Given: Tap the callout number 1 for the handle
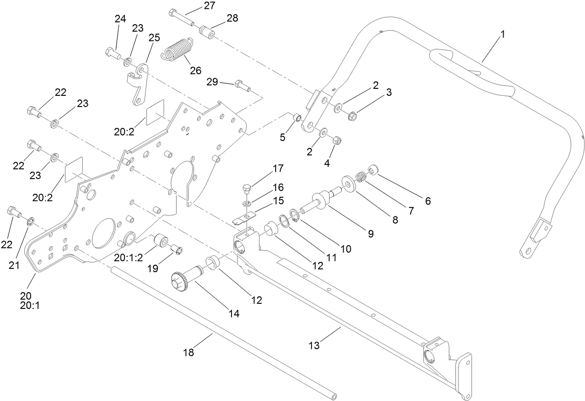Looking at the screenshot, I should coord(502,35).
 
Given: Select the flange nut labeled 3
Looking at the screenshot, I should coord(352,115).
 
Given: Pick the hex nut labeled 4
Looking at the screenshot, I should coord(338,140).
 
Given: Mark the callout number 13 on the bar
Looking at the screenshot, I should coord(314,346).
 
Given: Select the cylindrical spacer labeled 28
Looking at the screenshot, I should coord(207,33).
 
